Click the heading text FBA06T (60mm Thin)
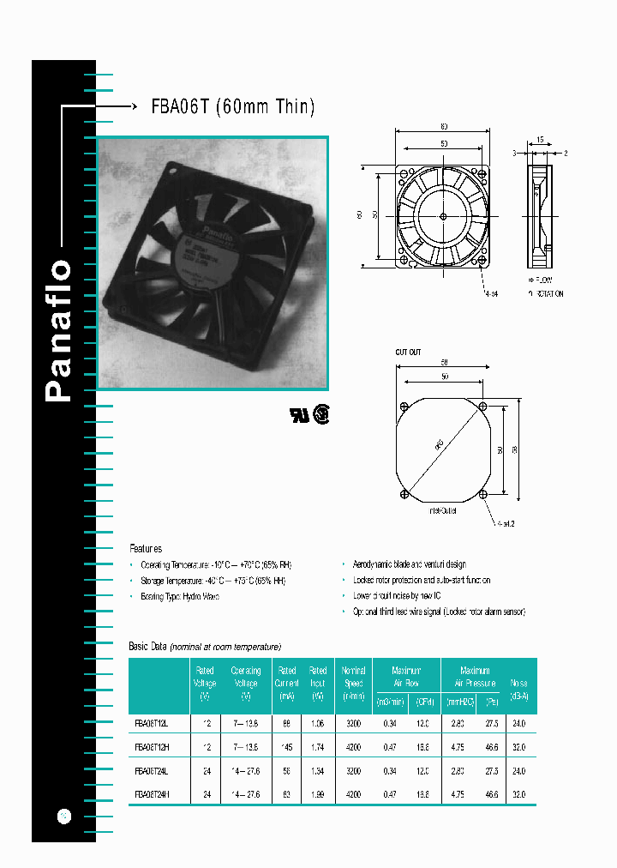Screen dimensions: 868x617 (x=232, y=107)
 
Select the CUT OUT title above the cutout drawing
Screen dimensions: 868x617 (x=408, y=353)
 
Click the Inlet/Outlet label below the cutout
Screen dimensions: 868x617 (x=442, y=510)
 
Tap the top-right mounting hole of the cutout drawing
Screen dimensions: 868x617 (x=484, y=406)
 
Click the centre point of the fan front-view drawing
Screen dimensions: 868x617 (x=441, y=214)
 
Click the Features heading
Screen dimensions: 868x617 (x=146, y=548)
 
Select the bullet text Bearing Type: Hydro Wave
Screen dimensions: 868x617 (x=180, y=596)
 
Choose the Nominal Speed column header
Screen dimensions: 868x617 (x=353, y=684)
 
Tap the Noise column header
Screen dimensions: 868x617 (x=519, y=690)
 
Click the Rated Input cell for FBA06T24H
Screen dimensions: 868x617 (x=318, y=795)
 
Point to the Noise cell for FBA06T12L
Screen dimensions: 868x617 (x=518, y=724)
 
